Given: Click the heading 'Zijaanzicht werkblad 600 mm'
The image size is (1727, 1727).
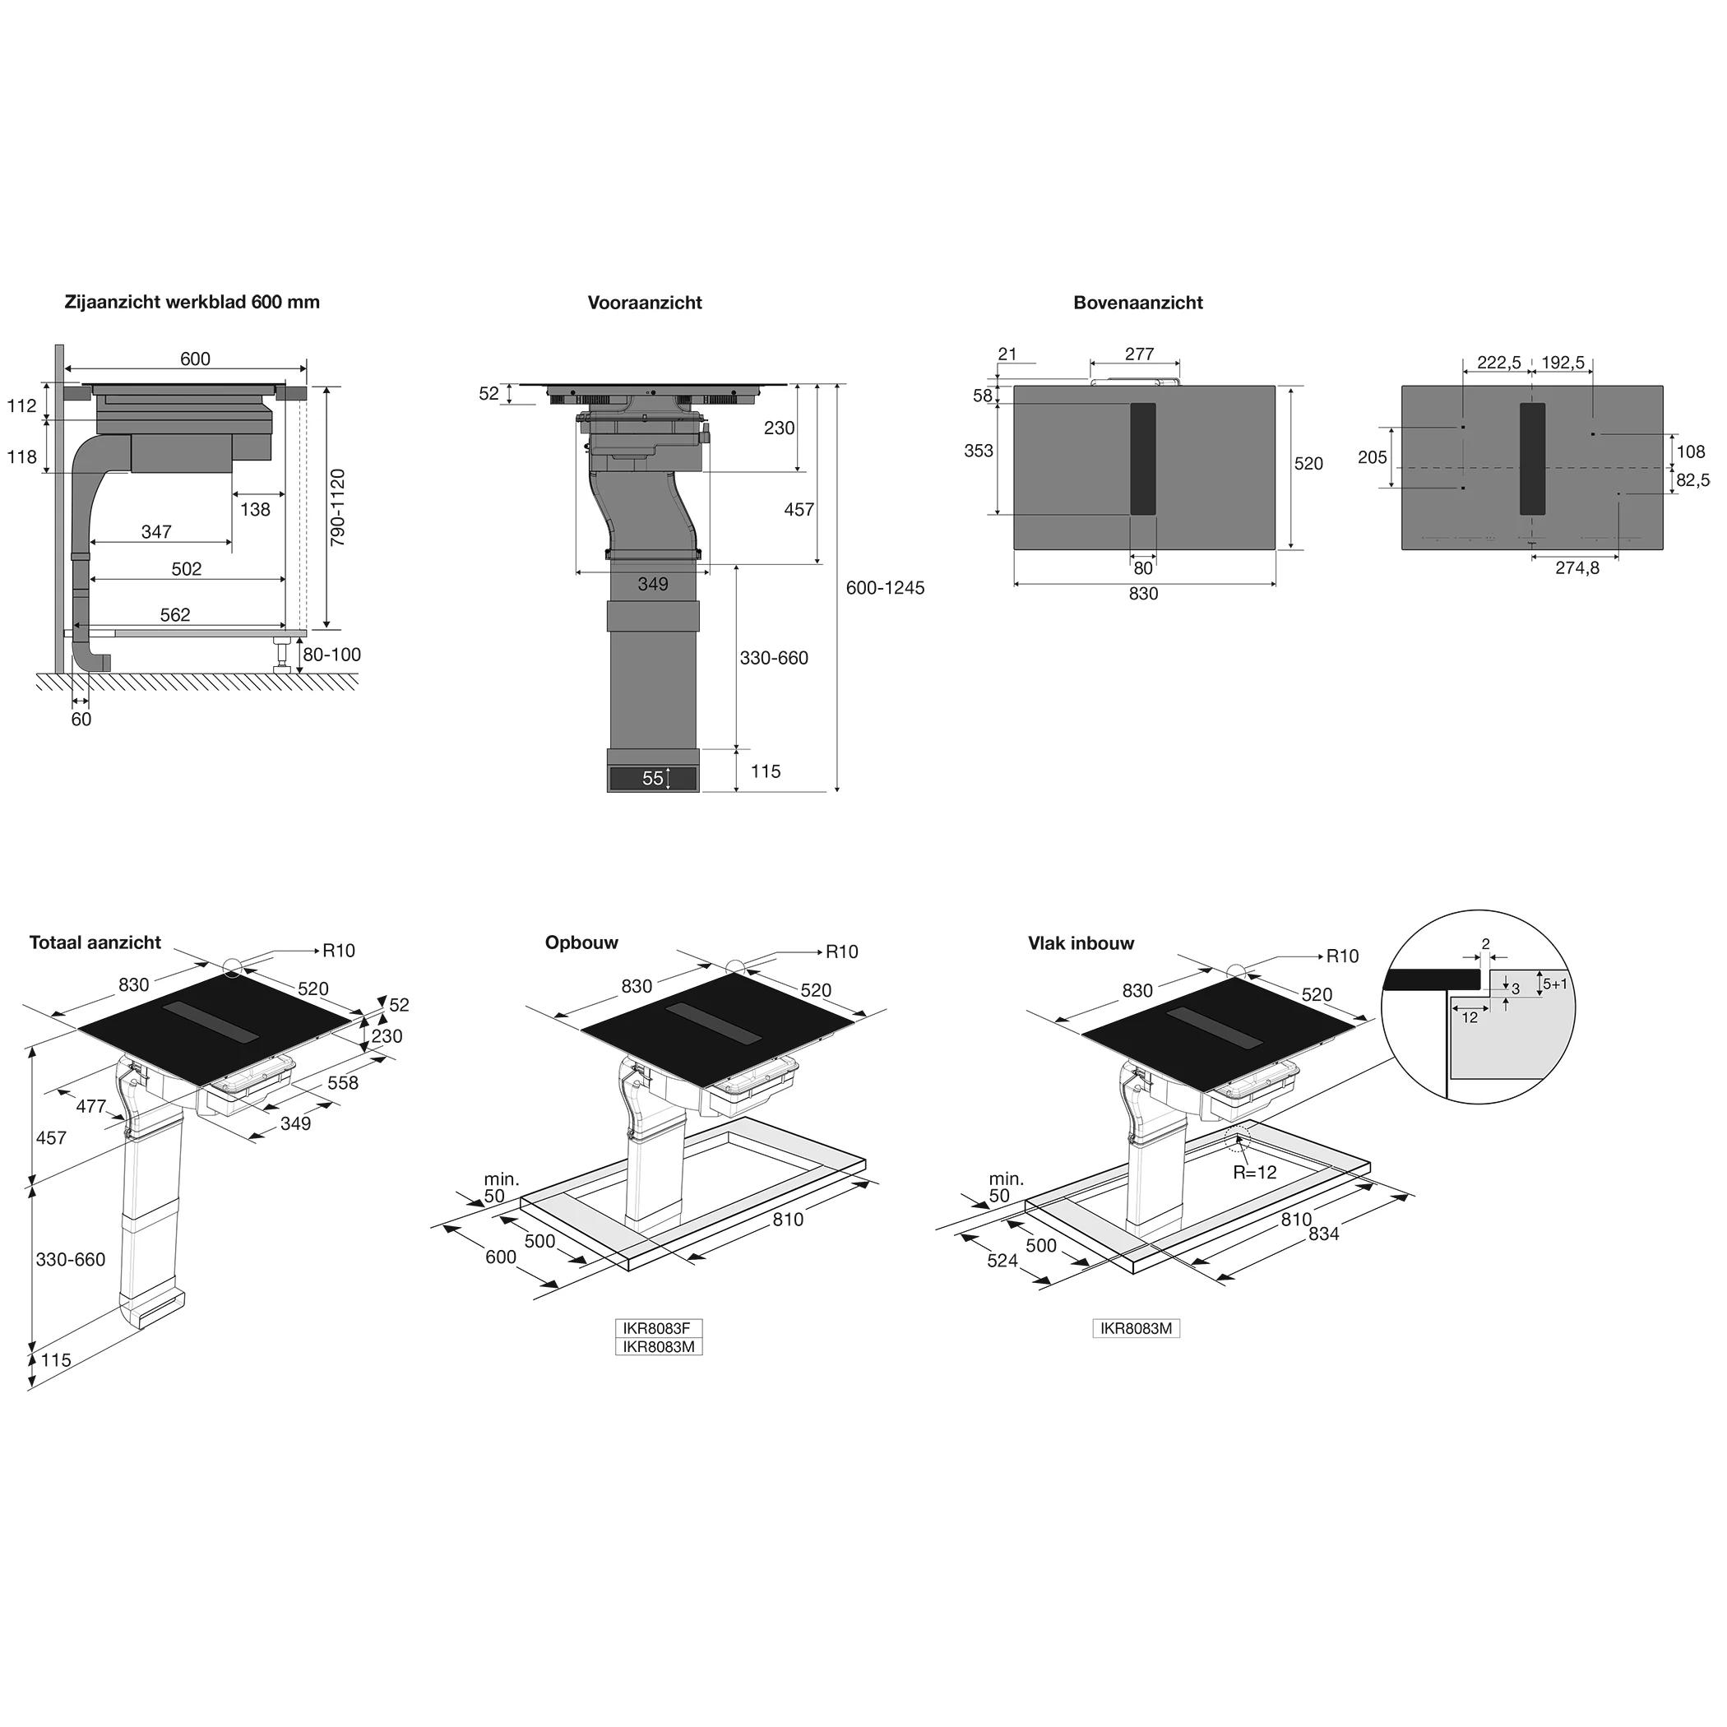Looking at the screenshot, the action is pyautogui.click(x=192, y=302).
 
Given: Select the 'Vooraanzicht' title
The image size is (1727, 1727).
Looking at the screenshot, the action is pyautogui.click(x=645, y=303).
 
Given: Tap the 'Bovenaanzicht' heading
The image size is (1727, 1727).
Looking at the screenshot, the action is pyautogui.click(x=1138, y=303).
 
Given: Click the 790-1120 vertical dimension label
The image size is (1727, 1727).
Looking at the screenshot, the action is pyautogui.click(x=337, y=507).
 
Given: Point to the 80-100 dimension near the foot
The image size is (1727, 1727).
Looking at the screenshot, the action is pyautogui.click(x=331, y=655).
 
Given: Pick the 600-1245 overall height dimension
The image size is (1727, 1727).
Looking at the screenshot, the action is pyautogui.click(x=885, y=587).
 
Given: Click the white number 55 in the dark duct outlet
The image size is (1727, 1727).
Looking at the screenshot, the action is pyautogui.click(x=652, y=779).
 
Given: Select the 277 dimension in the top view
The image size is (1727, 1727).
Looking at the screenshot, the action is pyautogui.click(x=1139, y=354).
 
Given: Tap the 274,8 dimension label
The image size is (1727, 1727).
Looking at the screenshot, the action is pyautogui.click(x=1577, y=567).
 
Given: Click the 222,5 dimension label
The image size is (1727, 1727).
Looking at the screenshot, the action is pyautogui.click(x=1499, y=362).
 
